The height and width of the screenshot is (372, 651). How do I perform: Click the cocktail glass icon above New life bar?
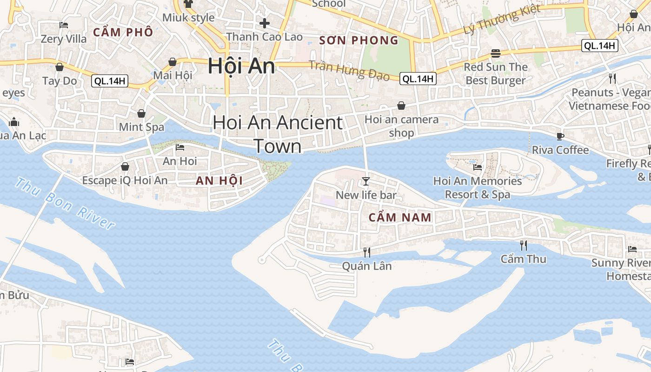pos(366,181)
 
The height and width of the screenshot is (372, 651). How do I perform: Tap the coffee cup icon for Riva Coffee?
pos(560,136)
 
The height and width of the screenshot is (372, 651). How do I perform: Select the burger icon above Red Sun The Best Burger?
pos(496,53)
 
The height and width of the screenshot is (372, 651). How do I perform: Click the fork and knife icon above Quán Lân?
pos(367,252)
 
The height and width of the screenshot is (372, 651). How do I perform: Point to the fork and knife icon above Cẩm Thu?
pos(524,245)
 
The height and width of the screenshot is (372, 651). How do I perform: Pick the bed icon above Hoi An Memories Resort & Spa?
pos(477,167)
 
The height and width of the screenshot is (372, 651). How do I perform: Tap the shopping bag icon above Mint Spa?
pos(141,113)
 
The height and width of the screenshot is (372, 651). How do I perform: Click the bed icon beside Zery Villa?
pos(64,25)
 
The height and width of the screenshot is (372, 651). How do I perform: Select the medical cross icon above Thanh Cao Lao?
pos(265,23)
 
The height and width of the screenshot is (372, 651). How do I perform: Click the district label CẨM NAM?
pos(400,217)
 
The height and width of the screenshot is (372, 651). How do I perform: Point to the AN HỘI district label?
pos(219,180)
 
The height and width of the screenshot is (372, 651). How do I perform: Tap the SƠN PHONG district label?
pos(359,40)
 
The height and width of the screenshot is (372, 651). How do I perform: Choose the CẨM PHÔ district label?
pos(123,32)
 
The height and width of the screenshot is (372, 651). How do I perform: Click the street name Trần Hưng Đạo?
pos(349,70)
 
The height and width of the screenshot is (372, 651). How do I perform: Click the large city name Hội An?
pos(241,66)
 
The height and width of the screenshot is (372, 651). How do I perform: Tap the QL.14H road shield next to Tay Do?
pos(109,81)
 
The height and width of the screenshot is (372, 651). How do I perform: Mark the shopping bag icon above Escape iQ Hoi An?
pos(125,166)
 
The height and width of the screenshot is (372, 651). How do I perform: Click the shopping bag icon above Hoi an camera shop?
pos(401,106)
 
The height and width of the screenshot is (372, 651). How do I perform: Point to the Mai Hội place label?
pos(173,75)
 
